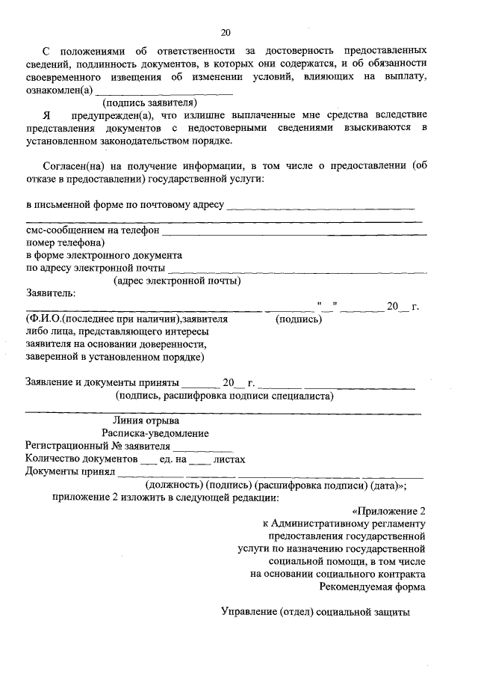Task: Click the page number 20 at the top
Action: (x=226, y=31)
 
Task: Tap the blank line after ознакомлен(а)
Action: (x=163, y=91)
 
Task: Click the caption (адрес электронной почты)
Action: (x=176, y=281)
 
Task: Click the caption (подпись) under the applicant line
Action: (x=299, y=319)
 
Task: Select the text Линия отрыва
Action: (x=145, y=420)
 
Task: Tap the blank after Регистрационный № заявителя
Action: (x=193, y=447)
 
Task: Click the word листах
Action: (x=229, y=459)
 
